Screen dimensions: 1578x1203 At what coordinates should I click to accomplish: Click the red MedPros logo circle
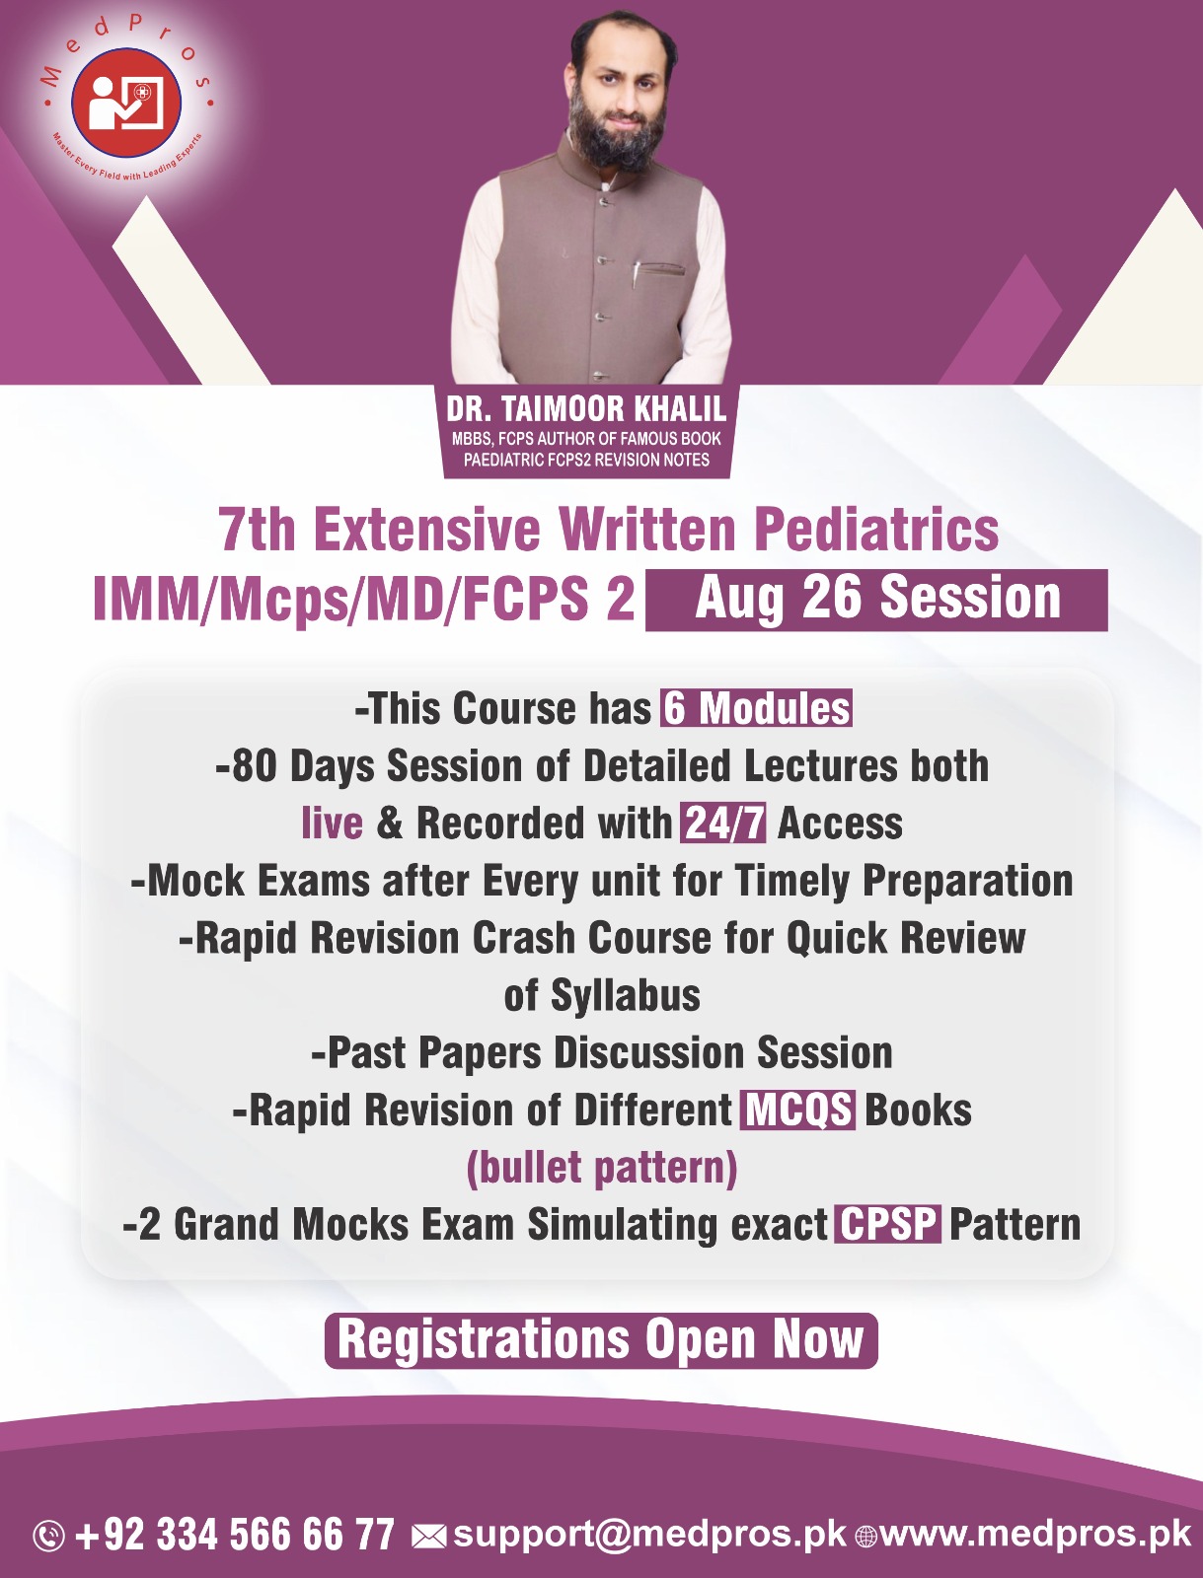point(126,103)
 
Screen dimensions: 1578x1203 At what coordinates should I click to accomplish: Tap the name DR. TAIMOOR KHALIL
point(586,408)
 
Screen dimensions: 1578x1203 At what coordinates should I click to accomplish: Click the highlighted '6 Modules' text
point(756,708)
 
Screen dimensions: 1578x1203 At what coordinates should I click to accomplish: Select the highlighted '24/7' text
point(723,824)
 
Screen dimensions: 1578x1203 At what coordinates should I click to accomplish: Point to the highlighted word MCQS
point(798,1110)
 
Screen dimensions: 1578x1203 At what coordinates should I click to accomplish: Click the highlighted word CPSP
point(888,1224)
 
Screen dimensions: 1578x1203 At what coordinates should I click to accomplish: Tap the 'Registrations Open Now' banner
point(601,1339)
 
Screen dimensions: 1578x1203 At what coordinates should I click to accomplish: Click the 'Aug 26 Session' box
point(876,599)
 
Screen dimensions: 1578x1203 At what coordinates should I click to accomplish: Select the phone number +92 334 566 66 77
point(235,1535)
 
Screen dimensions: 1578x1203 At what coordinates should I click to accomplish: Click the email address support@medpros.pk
point(649,1534)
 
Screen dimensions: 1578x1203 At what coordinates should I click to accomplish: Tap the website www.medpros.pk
point(1035,1534)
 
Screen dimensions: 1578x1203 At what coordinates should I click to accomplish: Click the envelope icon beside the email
point(428,1537)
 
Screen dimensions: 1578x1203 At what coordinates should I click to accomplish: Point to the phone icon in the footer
point(48,1536)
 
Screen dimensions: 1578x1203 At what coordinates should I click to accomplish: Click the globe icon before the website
point(865,1537)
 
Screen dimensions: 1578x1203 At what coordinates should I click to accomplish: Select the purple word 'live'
point(332,824)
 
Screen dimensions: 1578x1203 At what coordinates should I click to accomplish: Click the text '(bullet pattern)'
point(601,1168)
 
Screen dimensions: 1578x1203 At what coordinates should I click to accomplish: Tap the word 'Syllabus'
point(626,995)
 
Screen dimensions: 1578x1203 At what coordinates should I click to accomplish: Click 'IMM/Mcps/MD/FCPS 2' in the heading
point(363,599)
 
